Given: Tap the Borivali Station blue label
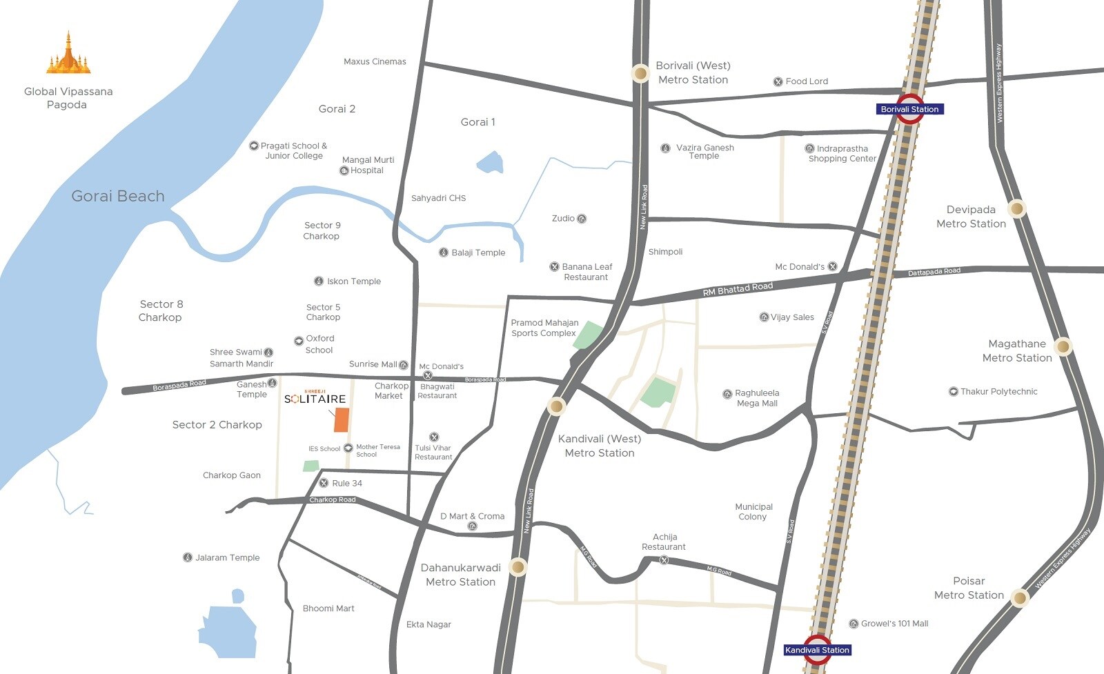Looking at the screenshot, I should [x=909, y=109].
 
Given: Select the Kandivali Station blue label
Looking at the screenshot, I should [x=817, y=650].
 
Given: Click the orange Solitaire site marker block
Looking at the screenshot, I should [x=341, y=420].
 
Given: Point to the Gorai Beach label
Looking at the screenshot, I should [x=118, y=196].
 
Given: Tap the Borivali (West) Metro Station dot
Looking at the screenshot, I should [x=640, y=74].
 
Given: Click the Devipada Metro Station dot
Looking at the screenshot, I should [x=1016, y=208].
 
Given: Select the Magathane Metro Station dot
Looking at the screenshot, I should [x=1063, y=346].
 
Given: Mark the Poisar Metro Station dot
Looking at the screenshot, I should [x=1019, y=597].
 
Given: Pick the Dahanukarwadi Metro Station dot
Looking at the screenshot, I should [x=517, y=568].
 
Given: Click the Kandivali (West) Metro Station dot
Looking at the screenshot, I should [x=556, y=406].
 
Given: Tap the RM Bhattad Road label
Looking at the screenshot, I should [x=737, y=288].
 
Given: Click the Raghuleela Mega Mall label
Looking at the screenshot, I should [x=757, y=398].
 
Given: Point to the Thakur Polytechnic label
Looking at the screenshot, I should [x=998, y=391].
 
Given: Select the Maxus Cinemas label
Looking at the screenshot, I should [x=375, y=61].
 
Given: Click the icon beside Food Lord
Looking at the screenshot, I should [x=778, y=81].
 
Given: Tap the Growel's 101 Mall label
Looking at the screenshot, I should [x=894, y=624].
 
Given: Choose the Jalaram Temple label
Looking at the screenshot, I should [x=227, y=557].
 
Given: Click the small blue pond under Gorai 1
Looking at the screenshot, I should [x=490, y=163].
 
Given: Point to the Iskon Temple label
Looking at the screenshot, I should [x=353, y=281].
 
